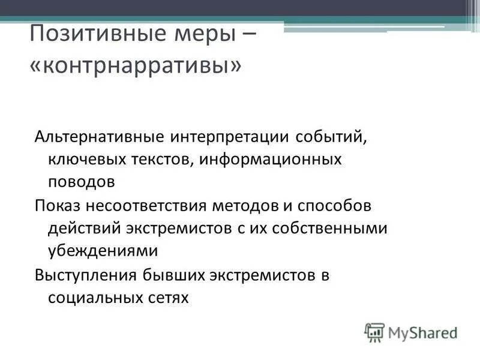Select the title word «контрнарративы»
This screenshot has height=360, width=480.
coord(137,65)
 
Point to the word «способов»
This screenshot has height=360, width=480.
coord(337,206)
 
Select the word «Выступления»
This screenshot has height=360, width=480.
coord(86,275)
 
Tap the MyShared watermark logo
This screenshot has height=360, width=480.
coord(411,331)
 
